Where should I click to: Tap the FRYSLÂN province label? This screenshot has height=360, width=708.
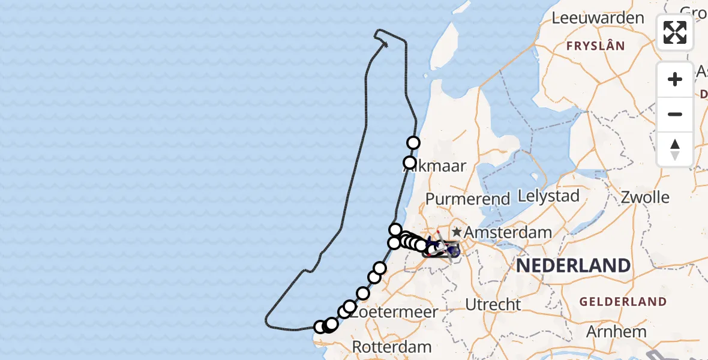coord(595,46)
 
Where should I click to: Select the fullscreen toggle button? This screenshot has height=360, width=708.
coord(675,32)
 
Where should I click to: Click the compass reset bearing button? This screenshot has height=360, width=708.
coord(675,149)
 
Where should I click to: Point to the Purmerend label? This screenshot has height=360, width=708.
coord(468,198)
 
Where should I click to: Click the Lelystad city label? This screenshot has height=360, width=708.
coord(548,196)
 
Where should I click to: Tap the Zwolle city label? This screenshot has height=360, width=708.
coord(645,197)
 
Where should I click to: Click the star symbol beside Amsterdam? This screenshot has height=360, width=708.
coord(457,232)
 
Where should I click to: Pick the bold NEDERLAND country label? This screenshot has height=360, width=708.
coord(573,265)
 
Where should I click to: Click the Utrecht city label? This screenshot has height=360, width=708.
coord(493,305)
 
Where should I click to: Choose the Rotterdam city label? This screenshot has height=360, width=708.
coord(392,347)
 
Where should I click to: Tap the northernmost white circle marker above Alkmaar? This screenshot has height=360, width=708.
coord(413,143)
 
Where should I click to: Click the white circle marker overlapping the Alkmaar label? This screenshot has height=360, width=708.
coord(410,163)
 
